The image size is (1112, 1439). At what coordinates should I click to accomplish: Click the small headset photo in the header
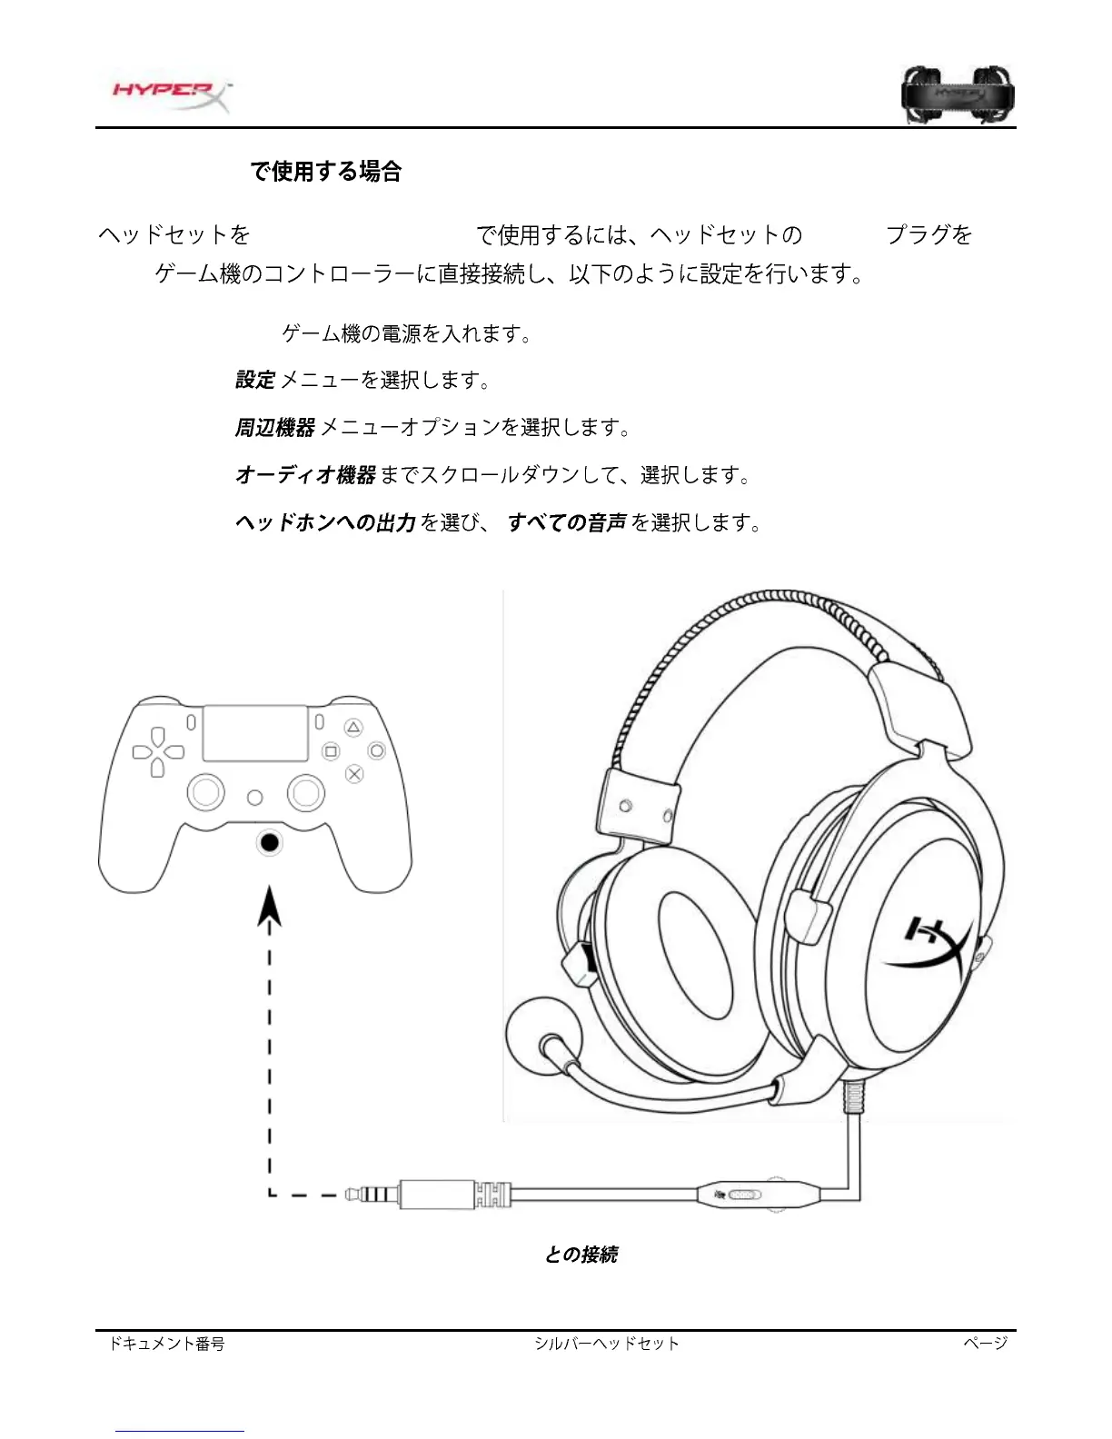[x=958, y=94]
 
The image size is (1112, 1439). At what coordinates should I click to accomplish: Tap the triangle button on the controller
[x=353, y=728]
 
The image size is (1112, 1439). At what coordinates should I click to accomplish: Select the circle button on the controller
[x=376, y=751]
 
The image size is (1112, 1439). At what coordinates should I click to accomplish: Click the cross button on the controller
[x=354, y=774]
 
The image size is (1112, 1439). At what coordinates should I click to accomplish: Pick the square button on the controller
[x=331, y=751]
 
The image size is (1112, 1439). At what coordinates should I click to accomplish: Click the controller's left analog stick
[x=206, y=792]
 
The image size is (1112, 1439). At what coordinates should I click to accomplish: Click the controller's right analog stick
[x=306, y=792]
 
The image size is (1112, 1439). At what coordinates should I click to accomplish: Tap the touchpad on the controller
[x=254, y=733]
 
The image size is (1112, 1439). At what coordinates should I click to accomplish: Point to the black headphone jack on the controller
[x=269, y=843]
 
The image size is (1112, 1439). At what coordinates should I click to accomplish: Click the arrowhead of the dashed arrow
[x=269, y=908]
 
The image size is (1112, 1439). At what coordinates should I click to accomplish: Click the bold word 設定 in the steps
[x=255, y=380]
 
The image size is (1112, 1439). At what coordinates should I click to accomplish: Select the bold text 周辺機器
[x=274, y=427]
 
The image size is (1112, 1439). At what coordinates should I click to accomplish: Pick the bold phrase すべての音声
[x=567, y=522]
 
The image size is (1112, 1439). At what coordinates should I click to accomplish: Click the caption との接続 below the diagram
[x=581, y=1255]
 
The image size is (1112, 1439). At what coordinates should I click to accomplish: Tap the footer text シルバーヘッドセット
[x=607, y=1344]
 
